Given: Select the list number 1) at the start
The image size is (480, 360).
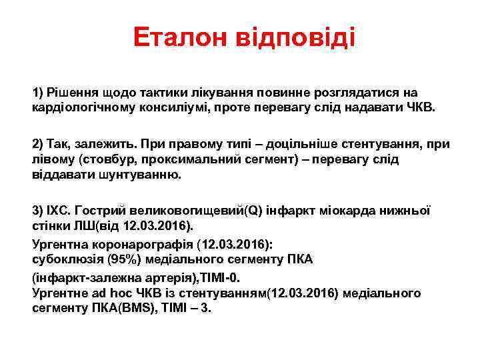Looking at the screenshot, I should coord(39,92).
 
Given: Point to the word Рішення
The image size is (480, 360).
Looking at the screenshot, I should coord(73,92).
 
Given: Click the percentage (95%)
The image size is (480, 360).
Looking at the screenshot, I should coord(121,259).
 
